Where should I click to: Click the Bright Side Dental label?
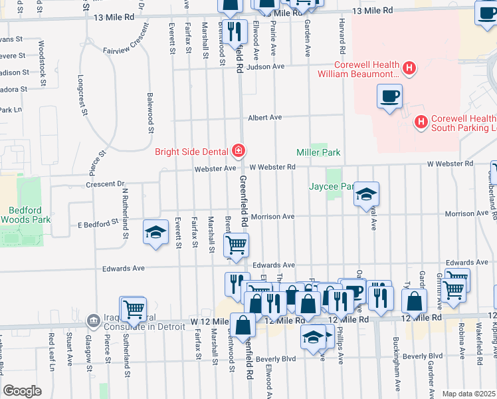pos(191,152)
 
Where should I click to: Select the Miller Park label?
pos(318,153)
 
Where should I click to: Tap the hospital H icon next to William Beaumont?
pos(409,67)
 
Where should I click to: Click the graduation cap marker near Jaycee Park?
pos(365,194)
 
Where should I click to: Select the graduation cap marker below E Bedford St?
pos(155,233)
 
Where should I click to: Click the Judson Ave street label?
pos(265,66)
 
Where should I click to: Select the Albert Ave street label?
pos(265,118)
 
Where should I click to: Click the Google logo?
pos(23,391)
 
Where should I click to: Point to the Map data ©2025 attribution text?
pos(468,394)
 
